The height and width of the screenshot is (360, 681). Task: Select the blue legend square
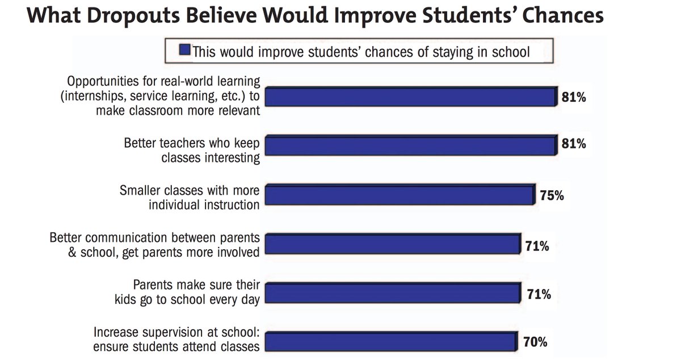[184, 52]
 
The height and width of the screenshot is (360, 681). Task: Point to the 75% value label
[552, 196]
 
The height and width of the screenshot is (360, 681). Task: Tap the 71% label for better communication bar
[537, 246]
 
